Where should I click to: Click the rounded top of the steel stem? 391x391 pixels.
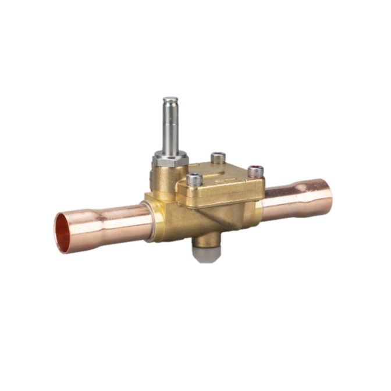click(169, 101)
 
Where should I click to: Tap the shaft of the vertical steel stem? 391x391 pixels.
click(169, 125)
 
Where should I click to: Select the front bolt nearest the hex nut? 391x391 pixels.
click(194, 179)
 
